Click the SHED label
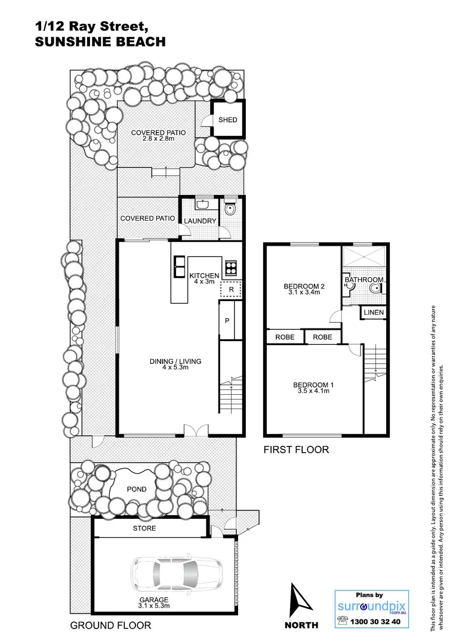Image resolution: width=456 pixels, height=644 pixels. (x=227, y=120)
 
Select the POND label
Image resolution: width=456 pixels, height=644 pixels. (x=136, y=490)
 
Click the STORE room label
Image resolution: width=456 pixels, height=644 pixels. (x=144, y=528)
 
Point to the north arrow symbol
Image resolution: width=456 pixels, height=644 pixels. (x=299, y=603)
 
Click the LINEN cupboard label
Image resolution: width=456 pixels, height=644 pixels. (x=374, y=312)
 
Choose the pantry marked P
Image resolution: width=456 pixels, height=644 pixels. (x=227, y=321)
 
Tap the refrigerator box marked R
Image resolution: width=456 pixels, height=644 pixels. (x=231, y=290)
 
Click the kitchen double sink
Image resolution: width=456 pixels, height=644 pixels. (x=179, y=267)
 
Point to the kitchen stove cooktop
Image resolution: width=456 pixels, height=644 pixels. (x=231, y=267)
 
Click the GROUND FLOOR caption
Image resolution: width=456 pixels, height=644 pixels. (x=110, y=626)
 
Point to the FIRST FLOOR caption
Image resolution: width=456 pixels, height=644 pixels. (x=296, y=450)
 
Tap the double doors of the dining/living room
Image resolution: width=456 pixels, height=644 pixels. (x=196, y=431)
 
